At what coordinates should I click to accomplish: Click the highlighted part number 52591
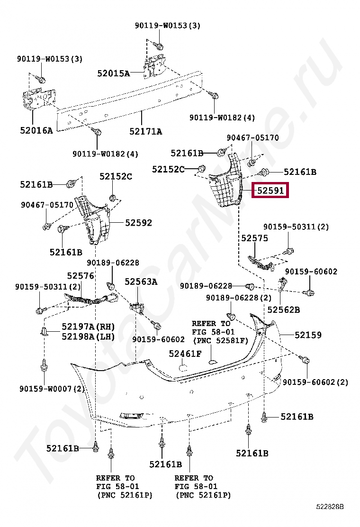pos(270,191)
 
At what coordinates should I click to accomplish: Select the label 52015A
pos(113,73)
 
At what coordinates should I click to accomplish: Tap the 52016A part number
pos(36,129)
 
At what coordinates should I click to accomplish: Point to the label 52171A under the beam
pos(145,131)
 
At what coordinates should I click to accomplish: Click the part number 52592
pos(139,222)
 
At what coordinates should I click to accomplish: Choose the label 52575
pos(254,238)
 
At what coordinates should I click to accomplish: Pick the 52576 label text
pos(80,275)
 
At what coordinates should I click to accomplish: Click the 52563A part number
pos(141,282)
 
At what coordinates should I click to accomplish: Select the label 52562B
pos(283,309)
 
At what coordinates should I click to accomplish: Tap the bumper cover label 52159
pos(308,335)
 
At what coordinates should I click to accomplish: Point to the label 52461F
pos(185,353)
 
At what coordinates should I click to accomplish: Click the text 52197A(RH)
pos(88,327)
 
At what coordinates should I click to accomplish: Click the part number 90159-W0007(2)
pos(52,389)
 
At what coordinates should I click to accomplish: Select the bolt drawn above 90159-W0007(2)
pos(44,366)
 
